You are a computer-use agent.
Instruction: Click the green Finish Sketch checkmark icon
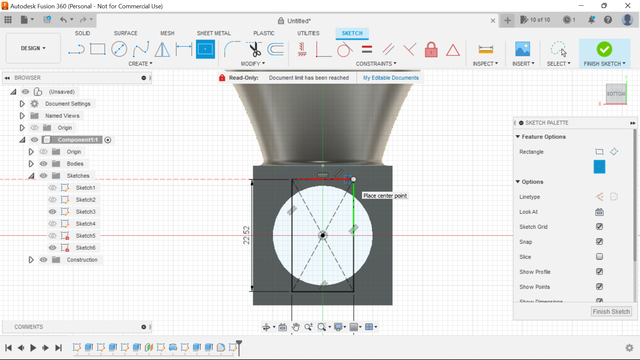[x=604, y=49]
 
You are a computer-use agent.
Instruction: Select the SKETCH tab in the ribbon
[x=352, y=33]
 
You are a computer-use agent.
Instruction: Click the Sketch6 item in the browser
[x=85, y=248]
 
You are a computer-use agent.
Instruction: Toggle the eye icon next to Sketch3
[x=52, y=212]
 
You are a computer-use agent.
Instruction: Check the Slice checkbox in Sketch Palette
[x=599, y=257]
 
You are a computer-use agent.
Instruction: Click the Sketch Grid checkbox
[x=599, y=227]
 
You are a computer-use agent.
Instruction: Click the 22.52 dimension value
[x=246, y=235]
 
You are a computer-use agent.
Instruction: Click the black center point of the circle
[x=323, y=236]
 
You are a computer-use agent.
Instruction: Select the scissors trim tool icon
[x=255, y=49]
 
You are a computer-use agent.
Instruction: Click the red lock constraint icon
[x=431, y=50]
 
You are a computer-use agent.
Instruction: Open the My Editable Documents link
[x=391, y=78]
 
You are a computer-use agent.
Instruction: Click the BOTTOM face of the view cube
[x=615, y=94]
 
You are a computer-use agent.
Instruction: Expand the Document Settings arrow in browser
[x=22, y=104]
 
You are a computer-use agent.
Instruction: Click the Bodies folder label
[x=75, y=164]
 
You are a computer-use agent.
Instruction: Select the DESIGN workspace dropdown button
[x=33, y=48]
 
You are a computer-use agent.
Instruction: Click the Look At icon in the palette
[x=599, y=212]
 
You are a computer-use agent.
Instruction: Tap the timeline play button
[x=33, y=348]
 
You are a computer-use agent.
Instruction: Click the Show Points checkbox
[x=599, y=287]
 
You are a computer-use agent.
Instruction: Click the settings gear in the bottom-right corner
[x=629, y=348]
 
